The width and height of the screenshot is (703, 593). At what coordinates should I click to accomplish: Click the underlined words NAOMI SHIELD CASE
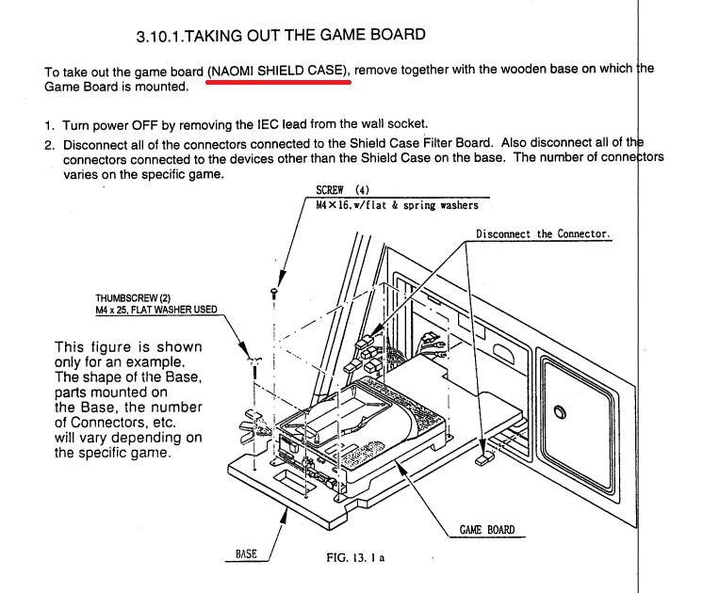(x=278, y=70)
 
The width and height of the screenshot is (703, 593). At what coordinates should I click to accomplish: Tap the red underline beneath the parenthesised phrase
(x=278, y=82)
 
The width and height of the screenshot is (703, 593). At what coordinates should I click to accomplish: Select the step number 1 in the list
(x=49, y=124)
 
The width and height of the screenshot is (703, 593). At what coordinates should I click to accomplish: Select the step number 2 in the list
(x=49, y=144)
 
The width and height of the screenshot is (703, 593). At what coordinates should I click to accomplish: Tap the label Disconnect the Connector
(x=544, y=233)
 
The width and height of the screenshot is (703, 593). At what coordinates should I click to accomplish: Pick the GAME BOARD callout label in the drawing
(x=487, y=530)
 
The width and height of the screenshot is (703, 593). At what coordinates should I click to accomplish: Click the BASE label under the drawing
(x=246, y=554)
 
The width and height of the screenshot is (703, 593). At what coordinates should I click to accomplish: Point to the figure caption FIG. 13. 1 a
(x=355, y=557)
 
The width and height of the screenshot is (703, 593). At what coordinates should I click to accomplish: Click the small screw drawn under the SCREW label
(x=273, y=292)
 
